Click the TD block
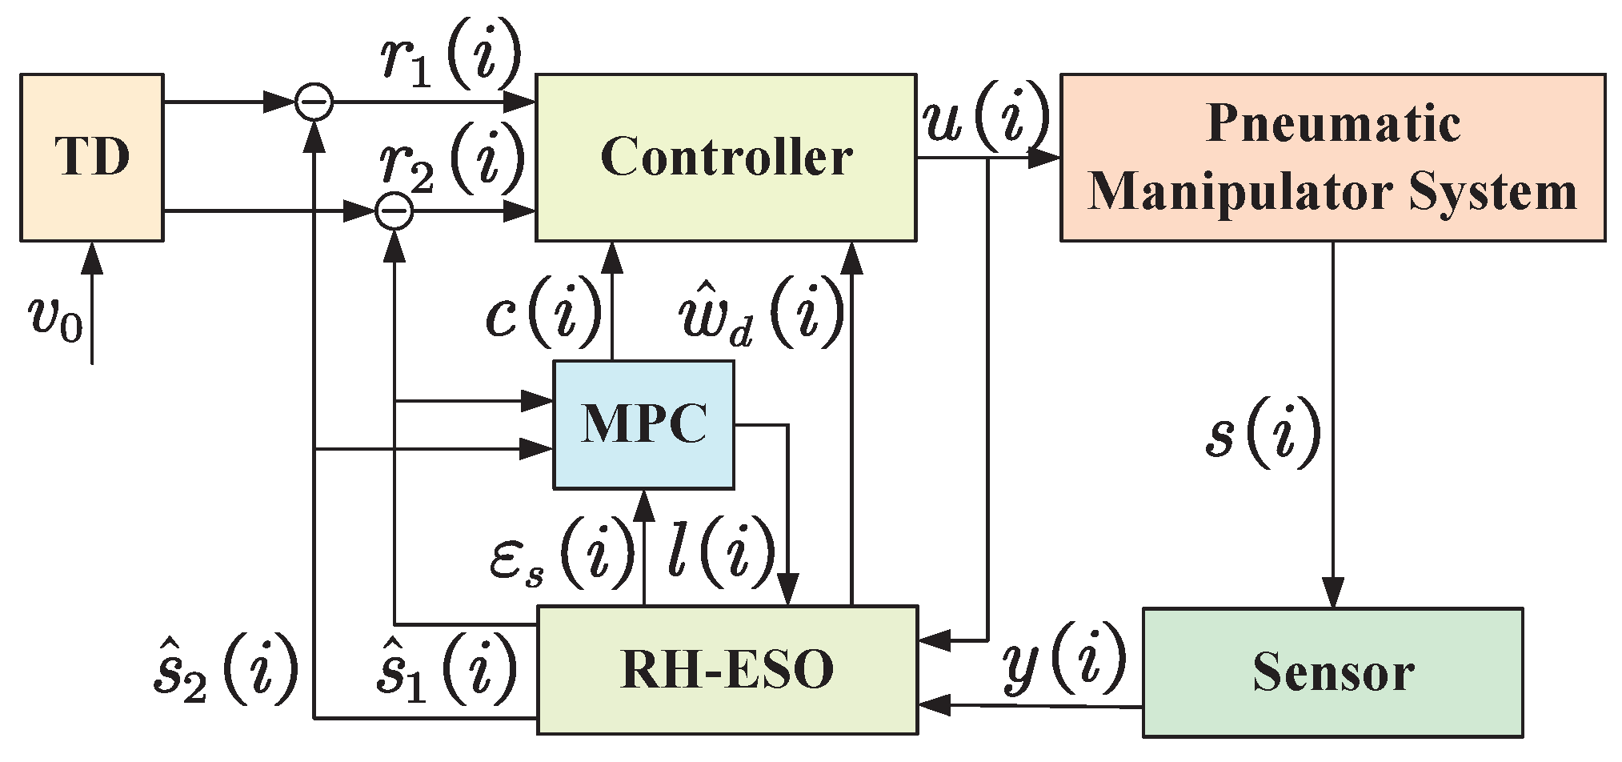(x=91, y=157)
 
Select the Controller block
(x=725, y=157)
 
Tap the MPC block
(x=643, y=424)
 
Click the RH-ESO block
(x=727, y=670)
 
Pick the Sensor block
(x=1332, y=672)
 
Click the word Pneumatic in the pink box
(x=1333, y=124)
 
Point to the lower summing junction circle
(x=394, y=212)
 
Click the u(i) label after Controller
(x=984, y=118)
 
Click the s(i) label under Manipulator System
(x=1262, y=434)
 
